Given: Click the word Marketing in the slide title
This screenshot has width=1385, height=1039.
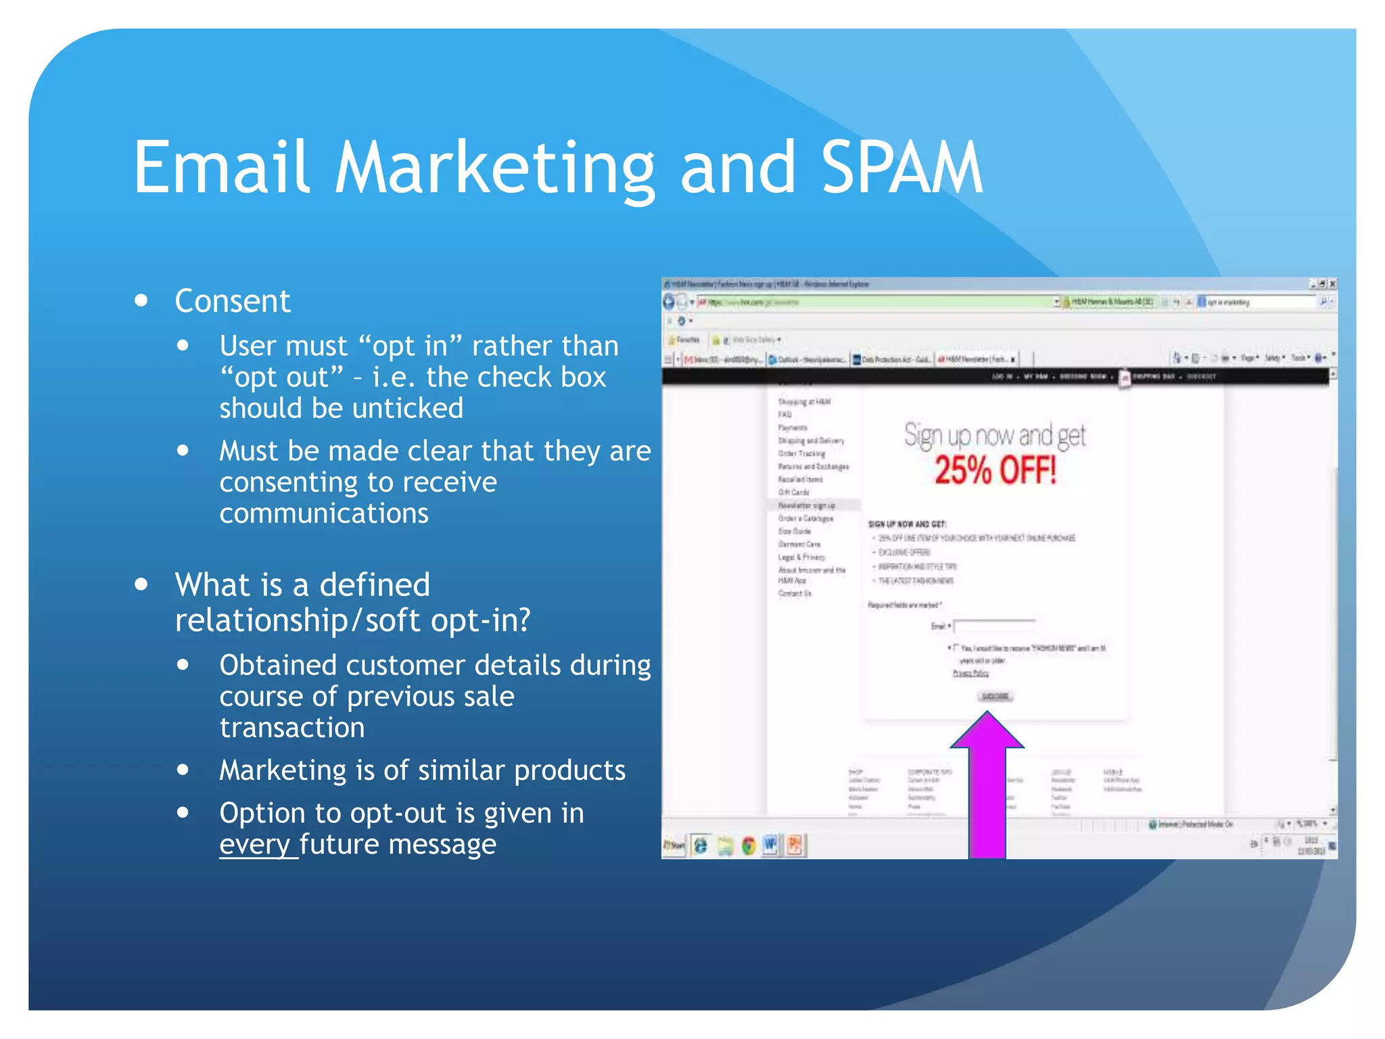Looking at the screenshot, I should [495, 169].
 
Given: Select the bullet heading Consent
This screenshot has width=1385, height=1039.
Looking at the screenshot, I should [232, 301].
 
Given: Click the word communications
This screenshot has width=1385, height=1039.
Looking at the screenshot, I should [324, 513].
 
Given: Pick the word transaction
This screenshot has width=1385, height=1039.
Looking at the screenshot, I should [292, 728].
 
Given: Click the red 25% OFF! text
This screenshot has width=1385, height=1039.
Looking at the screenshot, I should [995, 470].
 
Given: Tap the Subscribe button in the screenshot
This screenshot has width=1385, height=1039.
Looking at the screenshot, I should [995, 696].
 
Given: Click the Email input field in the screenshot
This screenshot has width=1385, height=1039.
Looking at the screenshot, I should [994, 626].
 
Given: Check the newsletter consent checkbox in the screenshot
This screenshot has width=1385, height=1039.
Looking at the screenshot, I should [956, 647].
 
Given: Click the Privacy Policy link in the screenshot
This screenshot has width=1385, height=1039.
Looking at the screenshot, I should [970, 673].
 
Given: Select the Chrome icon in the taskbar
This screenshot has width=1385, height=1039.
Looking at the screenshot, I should [748, 846].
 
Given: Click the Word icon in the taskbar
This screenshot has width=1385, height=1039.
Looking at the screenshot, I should [770, 845].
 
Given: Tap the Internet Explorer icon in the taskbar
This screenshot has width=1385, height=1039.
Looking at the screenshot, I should [701, 846].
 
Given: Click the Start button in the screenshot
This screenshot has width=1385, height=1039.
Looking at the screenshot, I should [674, 846].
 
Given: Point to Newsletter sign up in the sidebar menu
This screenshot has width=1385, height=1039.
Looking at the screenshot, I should [806, 505].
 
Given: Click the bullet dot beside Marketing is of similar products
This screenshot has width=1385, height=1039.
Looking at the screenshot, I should [183, 769].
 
